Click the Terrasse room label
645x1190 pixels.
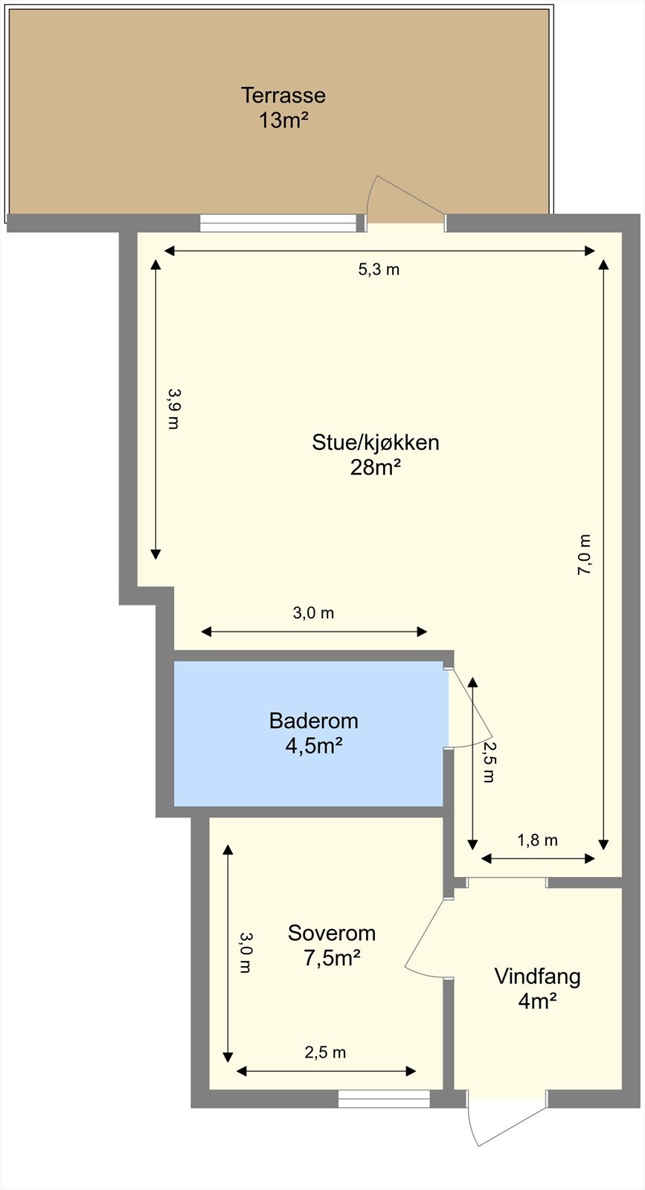(x=283, y=95)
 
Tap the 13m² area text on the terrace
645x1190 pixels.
(x=283, y=120)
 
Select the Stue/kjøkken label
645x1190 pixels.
(x=376, y=443)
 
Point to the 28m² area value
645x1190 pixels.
(x=376, y=468)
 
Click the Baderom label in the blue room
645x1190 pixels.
(x=313, y=721)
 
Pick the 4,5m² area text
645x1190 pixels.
(x=313, y=746)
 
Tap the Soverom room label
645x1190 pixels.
(x=332, y=933)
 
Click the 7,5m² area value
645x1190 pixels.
(x=332, y=958)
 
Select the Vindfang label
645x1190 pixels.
(x=537, y=977)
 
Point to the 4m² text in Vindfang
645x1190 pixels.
(x=537, y=1002)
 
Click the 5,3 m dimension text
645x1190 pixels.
(x=379, y=270)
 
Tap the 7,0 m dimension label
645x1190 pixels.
(x=585, y=555)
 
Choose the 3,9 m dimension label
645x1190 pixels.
(x=173, y=408)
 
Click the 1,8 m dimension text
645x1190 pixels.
(x=537, y=840)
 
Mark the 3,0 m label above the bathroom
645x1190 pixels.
(x=312, y=613)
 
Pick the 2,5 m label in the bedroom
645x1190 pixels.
(x=325, y=1052)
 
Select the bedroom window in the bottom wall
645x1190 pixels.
(x=384, y=1099)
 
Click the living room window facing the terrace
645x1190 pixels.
(x=278, y=222)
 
